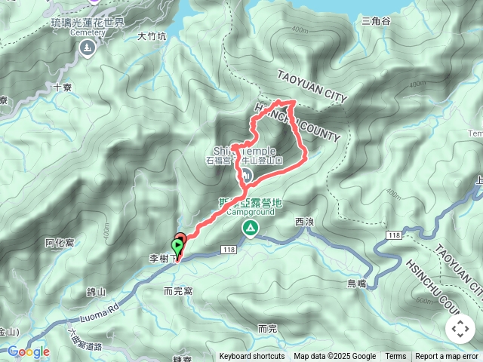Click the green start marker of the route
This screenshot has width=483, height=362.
[178, 244]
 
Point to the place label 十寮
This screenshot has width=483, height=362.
[63, 87]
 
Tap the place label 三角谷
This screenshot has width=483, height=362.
[376, 20]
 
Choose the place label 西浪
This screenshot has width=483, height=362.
[304, 222]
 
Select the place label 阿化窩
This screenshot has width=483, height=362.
[59, 242]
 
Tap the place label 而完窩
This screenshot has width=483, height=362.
[178, 290]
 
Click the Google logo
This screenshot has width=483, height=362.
[28, 351]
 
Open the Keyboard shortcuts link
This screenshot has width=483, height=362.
[252, 357]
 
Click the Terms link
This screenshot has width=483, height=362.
[395, 357]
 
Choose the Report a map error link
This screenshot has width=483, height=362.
[447, 357]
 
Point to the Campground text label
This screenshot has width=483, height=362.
[249, 212]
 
